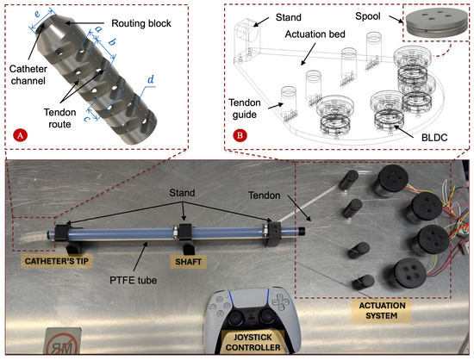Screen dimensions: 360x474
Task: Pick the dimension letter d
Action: click(152, 84)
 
